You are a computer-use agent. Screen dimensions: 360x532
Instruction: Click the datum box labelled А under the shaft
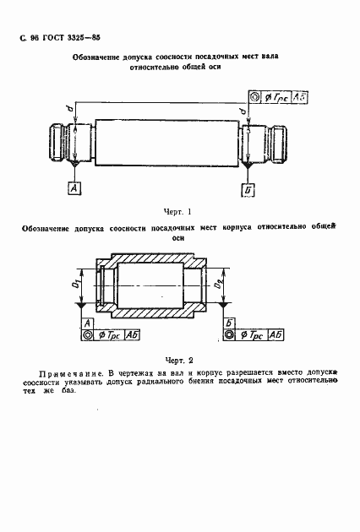pyautogui.click(x=75, y=188)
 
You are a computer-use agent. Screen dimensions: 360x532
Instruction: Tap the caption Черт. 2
pyautogui.click(x=178, y=359)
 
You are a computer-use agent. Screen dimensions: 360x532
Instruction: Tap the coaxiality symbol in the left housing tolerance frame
pyautogui.click(x=88, y=336)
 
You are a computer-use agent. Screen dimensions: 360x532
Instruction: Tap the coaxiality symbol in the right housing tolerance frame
pyautogui.click(x=230, y=336)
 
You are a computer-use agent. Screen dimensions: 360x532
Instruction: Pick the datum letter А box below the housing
pyautogui.click(x=87, y=323)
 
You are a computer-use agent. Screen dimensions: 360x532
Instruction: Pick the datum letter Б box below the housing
pyautogui.click(x=230, y=323)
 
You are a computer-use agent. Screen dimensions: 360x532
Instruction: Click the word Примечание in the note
pyautogui.click(x=72, y=372)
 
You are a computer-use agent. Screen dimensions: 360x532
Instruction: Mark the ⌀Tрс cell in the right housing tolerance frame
pyautogui.click(x=251, y=336)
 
